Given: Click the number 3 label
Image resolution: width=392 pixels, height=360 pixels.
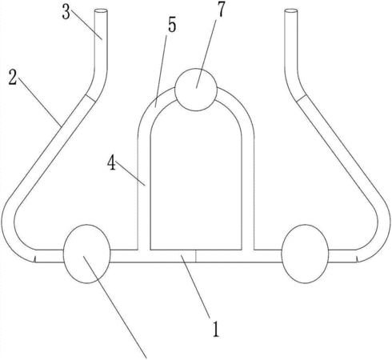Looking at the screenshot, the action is pyautogui.click(x=66, y=13).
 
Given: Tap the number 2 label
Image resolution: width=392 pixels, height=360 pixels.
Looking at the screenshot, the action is pyautogui.click(x=13, y=78).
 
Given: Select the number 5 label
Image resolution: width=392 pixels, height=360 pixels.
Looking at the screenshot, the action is pyautogui.click(x=172, y=26).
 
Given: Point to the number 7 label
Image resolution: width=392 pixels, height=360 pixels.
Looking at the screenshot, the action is pyautogui.click(x=221, y=9).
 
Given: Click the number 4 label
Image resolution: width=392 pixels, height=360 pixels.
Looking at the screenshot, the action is pyautogui.click(x=111, y=163).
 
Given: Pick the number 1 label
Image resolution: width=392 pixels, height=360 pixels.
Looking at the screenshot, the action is pyautogui.click(x=216, y=330).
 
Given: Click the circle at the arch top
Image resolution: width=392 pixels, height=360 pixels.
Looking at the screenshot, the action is pyautogui.click(x=196, y=90).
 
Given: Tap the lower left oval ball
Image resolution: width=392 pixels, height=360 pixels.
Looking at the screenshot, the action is pyautogui.click(x=87, y=254).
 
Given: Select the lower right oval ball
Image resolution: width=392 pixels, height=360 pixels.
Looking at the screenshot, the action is pyautogui.click(x=305, y=254).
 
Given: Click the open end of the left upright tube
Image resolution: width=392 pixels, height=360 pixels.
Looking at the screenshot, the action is pyautogui.click(x=101, y=11).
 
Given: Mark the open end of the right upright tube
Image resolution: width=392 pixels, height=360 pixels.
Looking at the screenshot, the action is pyautogui.click(x=291, y=11).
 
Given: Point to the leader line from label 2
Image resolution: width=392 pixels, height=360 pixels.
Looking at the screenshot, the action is pyautogui.click(x=39, y=102).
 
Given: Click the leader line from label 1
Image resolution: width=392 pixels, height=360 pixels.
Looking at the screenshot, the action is pyautogui.click(x=195, y=286).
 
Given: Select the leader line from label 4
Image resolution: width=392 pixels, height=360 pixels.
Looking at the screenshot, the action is pyautogui.click(x=130, y=173).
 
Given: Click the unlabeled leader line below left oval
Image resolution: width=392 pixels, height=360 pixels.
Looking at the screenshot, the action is pyautogui.click(x=115, y=306).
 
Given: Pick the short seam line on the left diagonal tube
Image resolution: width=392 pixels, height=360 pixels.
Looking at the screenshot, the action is pyautogui.click(x=90, y=98).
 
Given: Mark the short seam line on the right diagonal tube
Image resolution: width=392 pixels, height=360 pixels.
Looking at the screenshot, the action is pyautogui.click(x=302, y=98).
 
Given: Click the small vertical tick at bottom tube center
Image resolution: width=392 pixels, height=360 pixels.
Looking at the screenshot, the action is pyautogui.click(x=196, y=256).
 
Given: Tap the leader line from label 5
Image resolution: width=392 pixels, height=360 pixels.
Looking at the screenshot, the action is pyautogui.click(x=161, y=70).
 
